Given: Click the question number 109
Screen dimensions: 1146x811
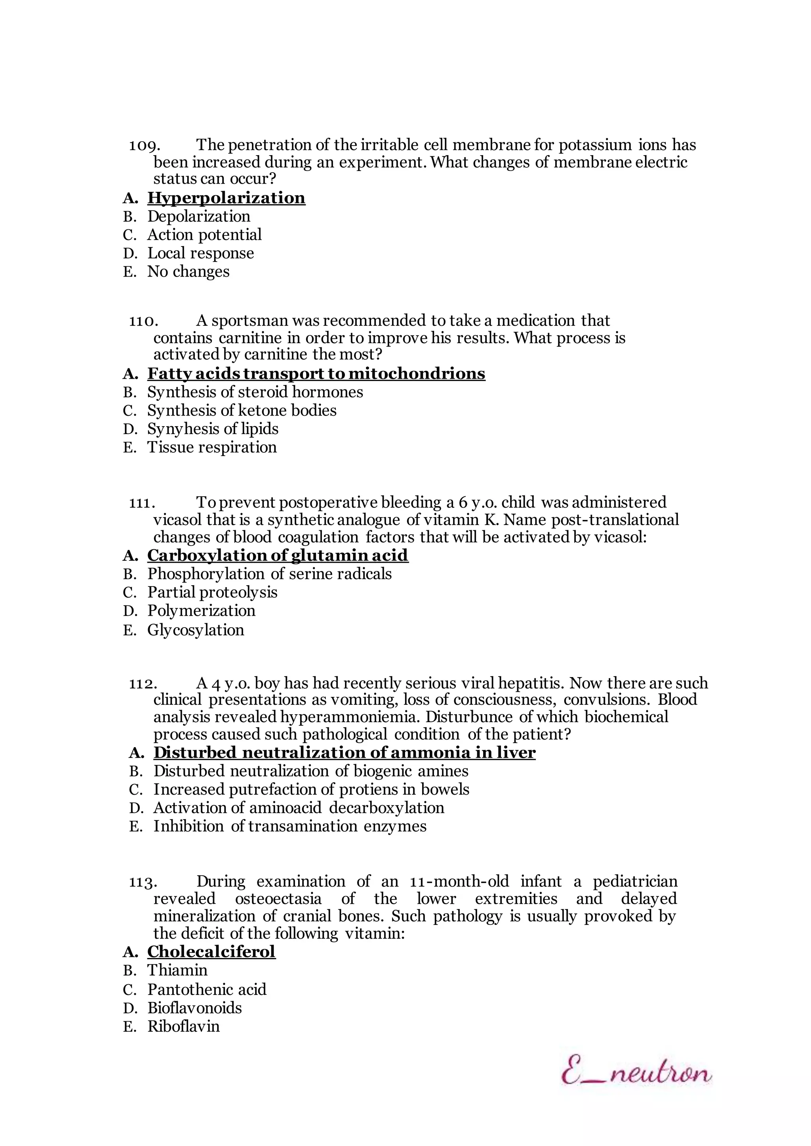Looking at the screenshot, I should [x=144, y=145].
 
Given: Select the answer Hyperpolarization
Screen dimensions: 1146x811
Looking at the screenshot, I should [x=226, y=198].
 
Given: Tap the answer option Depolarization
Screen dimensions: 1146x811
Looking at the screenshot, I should [x=198, y=216].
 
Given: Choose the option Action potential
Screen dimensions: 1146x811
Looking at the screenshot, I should [x=204, y=235].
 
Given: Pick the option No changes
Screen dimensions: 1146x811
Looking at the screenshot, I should [x=188, y=271].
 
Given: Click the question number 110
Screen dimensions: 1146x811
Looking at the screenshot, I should [x=144, y=321].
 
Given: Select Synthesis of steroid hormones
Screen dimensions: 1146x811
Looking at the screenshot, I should [x=255, y=392].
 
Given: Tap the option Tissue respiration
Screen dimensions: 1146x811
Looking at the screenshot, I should [x=212, y=447].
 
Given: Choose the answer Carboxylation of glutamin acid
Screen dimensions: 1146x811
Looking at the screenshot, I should [x=277, y=556].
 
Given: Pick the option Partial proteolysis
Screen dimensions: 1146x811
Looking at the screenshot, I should [x=212, y=592].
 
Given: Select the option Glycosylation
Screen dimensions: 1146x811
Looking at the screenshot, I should [x=195, y=630].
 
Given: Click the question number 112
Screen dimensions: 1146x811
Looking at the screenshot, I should [x=143, y=683].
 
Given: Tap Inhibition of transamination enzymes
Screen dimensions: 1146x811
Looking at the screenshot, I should [x=289, y=827].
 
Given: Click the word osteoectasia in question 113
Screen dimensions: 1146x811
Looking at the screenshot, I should [x=278, y=899].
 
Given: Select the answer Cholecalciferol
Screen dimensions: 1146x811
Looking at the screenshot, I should [x=211, y=952].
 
